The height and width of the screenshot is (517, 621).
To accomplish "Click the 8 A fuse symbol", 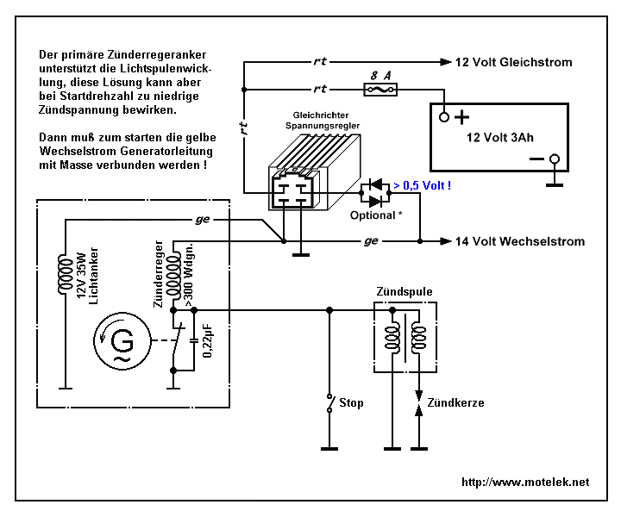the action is [380, 90].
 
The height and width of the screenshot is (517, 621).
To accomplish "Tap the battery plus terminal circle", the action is [444, 117].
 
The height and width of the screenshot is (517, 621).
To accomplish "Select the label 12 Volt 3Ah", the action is [499, 137].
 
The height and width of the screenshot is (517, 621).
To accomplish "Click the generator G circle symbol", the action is [122, 341].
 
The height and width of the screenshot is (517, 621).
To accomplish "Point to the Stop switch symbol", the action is [329, 403].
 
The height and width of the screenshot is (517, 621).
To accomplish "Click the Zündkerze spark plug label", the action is [455, 402].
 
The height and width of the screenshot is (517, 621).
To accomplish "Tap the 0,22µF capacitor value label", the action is [207, 341].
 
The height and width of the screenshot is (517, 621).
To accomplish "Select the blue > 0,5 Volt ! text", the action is [422, 185].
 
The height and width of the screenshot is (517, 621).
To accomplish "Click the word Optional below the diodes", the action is [373, 215].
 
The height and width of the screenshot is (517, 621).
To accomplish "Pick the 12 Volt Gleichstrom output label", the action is [514, 62].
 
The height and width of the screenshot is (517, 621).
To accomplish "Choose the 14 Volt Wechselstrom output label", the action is [520, 241].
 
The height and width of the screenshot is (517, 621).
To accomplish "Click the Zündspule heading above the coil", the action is [405, 291].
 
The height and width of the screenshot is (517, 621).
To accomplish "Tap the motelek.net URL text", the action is [525, 482].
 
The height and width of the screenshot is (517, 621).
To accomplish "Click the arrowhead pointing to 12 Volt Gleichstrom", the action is [446, 62].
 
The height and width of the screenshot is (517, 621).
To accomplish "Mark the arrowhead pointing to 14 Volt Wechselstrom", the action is [446, 241].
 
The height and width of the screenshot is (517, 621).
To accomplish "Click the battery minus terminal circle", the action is [555, 159].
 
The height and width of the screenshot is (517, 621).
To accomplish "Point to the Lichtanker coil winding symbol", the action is [66, 275].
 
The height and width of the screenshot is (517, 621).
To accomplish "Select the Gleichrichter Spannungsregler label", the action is [323, 121].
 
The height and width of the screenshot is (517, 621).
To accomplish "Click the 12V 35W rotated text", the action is [81, 276].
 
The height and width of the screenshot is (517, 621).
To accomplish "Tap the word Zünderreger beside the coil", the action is [159, 274].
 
